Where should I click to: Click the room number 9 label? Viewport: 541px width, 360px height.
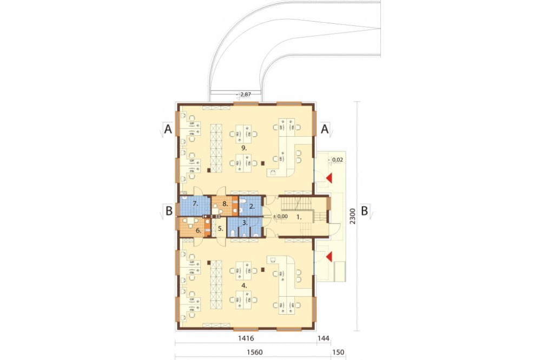pos(244,148)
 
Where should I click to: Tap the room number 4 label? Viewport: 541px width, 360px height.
pos(244,285)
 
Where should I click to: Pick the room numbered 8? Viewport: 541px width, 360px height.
pos(225,205)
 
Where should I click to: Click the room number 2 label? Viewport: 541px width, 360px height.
pos(252,207)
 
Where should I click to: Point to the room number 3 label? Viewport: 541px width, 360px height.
pos(245,223)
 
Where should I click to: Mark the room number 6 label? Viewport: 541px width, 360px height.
pos(199,231)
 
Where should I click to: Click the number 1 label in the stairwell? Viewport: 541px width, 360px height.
pos(299,217)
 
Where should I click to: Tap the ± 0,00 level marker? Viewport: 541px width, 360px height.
pos(280,217)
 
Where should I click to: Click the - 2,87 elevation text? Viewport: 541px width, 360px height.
pos(243,94)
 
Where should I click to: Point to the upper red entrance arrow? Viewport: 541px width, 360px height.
pos(329,178)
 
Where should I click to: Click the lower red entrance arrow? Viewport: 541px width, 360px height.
pos(329,256)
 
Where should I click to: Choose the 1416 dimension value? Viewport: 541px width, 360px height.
pos(246,338)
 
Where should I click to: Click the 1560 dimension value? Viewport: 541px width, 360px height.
pos(254,352)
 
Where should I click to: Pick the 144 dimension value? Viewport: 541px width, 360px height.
pos(324,338)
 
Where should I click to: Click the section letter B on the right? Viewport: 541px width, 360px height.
pos(364,211)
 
